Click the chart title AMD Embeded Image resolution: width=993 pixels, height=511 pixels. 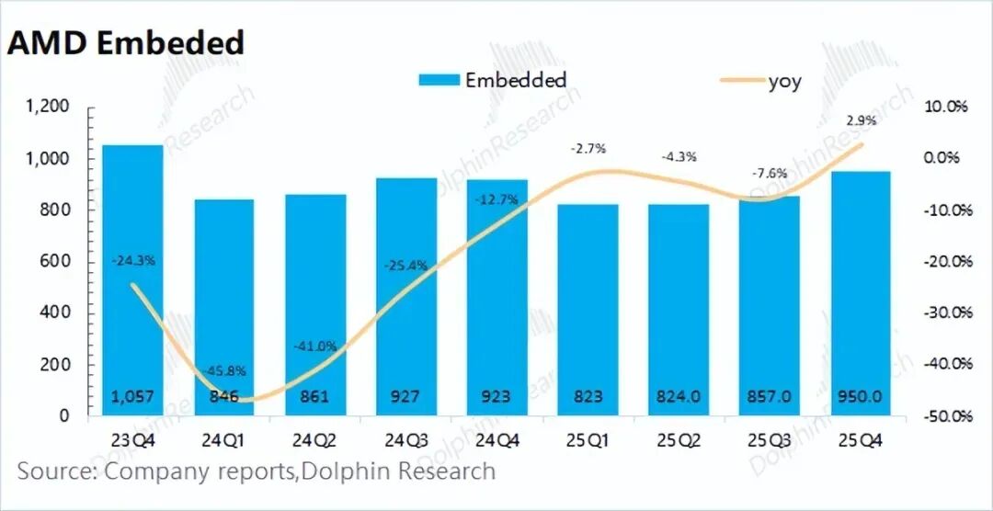(126, 43)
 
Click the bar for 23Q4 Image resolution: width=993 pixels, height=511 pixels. (132, 276)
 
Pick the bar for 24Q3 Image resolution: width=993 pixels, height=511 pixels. (405, 294)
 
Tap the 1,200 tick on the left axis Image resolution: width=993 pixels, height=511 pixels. (46, 108)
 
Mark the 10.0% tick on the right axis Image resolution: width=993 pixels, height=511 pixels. (948, 108)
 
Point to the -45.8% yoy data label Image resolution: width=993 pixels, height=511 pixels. (224, 371)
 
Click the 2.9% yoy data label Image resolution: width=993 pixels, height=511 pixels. (862, 120)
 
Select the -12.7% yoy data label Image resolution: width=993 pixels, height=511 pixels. (496, 199)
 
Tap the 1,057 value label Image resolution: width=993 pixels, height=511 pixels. (132, 397)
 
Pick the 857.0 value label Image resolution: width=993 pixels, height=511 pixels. (770, 397)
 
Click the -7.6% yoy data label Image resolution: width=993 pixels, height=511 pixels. (770, 174)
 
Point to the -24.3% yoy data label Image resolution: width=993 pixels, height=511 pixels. (134, 260)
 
